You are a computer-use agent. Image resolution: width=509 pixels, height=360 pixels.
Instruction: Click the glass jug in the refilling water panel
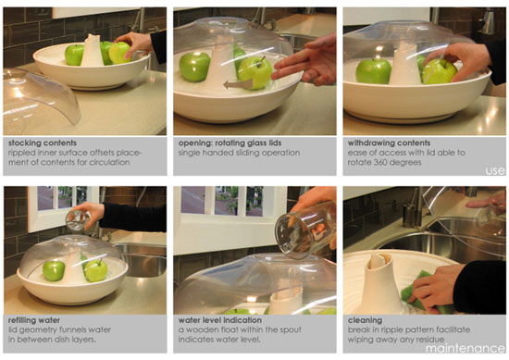[79, 219]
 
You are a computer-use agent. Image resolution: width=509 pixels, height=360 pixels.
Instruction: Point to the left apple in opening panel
[195, 66]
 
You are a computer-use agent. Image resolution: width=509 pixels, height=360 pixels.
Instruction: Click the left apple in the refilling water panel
[55, 270]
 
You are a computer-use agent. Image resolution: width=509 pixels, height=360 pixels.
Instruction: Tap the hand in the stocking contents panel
[139, 43]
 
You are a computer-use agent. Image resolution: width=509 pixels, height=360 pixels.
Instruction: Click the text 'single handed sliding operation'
[230, 154]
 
